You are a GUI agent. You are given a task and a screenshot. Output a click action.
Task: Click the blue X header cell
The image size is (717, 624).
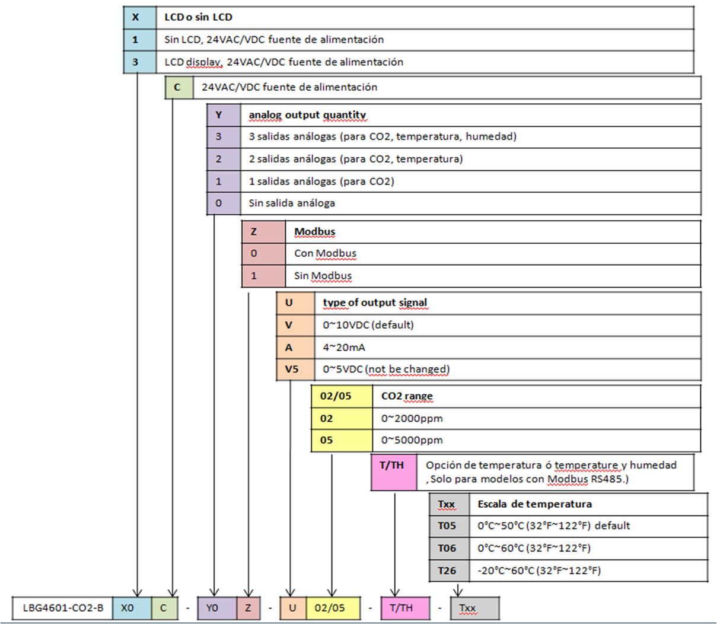click(140, 18)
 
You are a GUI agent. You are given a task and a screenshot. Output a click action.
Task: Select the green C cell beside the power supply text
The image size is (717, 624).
click(179, 87)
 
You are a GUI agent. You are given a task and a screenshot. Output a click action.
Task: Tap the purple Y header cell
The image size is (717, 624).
click(224, 115)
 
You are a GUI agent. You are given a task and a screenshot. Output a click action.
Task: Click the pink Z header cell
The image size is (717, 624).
click(263, 232)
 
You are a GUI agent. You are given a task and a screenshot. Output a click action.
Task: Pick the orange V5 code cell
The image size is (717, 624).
click(295, 370)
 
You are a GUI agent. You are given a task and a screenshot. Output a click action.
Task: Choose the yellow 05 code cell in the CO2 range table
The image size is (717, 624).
click(342, 440)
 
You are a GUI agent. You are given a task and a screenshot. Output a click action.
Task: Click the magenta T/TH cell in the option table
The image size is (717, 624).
click(394, 472)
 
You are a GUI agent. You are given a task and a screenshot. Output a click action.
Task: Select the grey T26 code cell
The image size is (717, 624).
click(450, 571)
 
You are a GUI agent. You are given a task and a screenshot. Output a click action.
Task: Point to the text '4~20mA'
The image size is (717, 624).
click(344, 348)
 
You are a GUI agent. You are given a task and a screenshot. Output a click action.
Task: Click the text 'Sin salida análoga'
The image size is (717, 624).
click(292, 203)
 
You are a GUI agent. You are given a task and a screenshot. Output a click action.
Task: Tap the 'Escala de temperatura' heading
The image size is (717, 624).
click(535, 504)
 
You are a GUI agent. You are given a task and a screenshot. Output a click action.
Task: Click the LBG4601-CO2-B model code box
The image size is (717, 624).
click(62, 608)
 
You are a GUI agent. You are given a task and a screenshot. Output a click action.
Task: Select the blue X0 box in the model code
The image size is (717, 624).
click(132, 608)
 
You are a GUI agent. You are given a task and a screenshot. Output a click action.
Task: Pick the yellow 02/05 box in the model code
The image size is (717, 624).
click(333, 608)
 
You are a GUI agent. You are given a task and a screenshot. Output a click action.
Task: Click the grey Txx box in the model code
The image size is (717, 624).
click(475, 608)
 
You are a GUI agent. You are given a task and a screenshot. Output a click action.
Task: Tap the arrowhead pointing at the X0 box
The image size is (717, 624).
click(137, 593)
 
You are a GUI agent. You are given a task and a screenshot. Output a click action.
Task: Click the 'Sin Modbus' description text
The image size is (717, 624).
click(323, 276)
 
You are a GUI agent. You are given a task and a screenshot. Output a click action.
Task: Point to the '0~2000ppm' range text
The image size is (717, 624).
click(412, 419)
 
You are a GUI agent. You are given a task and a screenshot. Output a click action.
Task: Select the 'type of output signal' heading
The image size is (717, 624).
click(375, 303)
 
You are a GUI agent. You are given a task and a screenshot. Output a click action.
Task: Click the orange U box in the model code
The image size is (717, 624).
click(293, 608)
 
